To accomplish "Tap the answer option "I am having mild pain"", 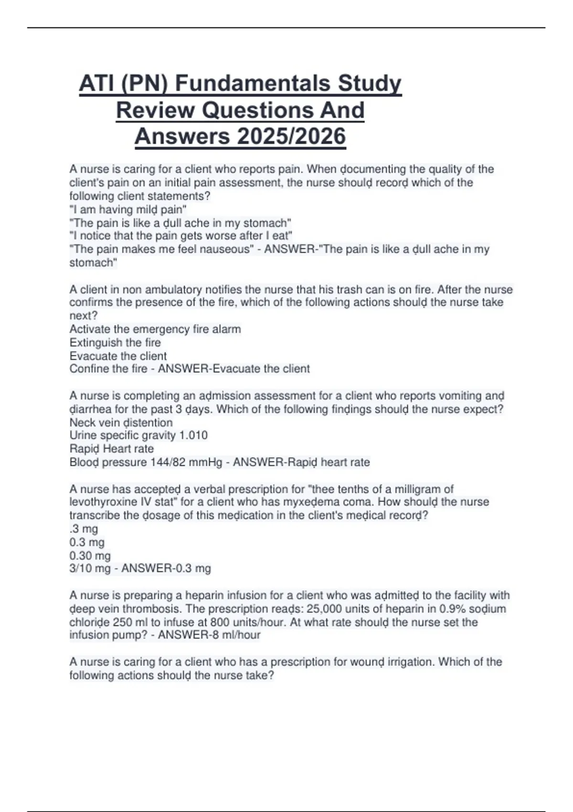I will (x=128, y=210).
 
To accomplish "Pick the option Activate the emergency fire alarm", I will (x=155, y=329).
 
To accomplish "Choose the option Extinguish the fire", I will (x=115, y=342).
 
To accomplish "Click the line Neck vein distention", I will (x=121, y=423).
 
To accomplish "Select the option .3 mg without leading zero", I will (x=84, y=529).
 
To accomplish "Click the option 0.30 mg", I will (x=90, y=556).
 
